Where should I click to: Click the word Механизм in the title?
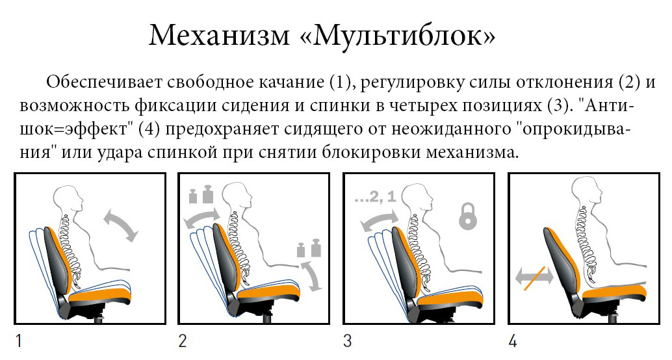coord(219,34)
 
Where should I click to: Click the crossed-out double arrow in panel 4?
coord(534,277)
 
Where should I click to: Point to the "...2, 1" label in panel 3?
coord(376,197)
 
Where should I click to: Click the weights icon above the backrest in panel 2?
coord(201,194)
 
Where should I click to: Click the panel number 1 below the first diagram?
coord(19,341)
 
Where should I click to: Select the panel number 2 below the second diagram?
coord(183,341)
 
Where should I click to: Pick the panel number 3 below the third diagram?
coord(348,341)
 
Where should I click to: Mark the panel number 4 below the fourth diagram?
coord(513,341)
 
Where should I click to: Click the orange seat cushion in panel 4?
coord(614,293)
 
